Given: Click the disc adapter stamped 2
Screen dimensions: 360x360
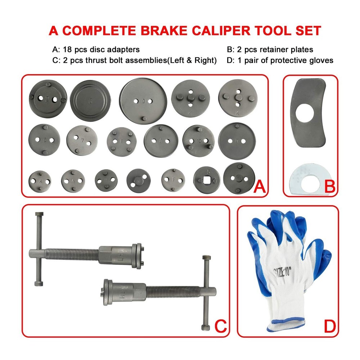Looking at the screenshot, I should point(47,99).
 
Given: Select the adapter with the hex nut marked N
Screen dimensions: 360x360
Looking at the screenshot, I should point(139,180).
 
